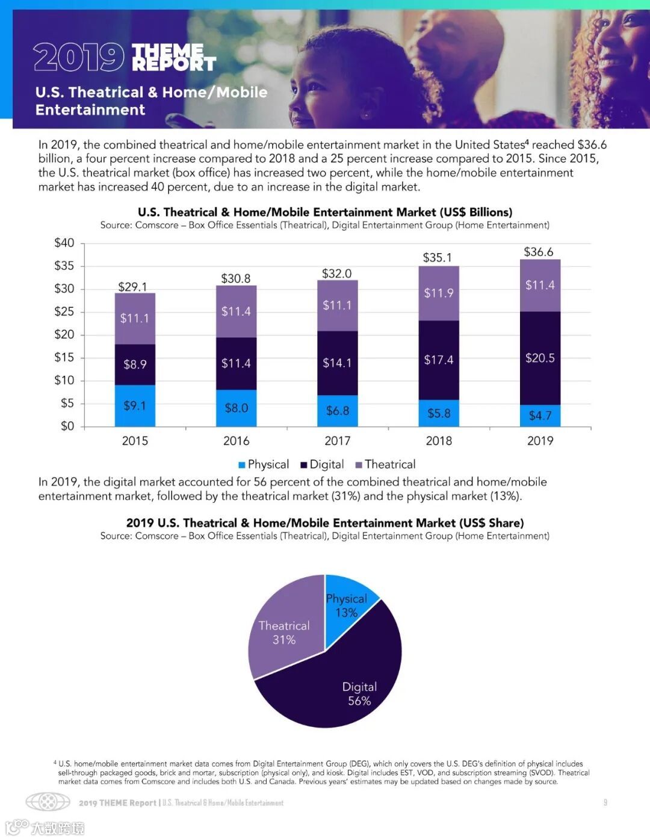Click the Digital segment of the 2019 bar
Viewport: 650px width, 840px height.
pyautogui.click(x=540, y=358)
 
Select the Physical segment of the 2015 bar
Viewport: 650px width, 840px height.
pyautogui.click(x=135, y=406)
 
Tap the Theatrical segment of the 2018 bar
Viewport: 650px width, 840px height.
pyautogui.click(x=439, y=293)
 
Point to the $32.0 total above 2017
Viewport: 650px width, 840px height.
pyautogui.click(x=337, y=274)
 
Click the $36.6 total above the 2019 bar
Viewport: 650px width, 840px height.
pyautogui.click(x=539, y=252)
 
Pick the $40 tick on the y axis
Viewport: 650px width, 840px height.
pyautogui.click(x=64, y=243)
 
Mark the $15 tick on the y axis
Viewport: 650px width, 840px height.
pyautogui.click(x=64, y=357)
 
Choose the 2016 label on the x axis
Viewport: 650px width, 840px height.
pyautogui.click(x=236, y=441)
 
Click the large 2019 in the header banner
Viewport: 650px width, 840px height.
pyautogui.click(x=79, y=57)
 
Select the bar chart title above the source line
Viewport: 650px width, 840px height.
pyautogui.click(x=325, y=212)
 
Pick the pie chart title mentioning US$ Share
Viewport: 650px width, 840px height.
pyautogui.click(x=325, y=523)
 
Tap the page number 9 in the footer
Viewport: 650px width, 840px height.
pyautogui.click(x=605, y=802)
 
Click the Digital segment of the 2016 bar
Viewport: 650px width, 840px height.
pyautogui.click(x=236, y=363)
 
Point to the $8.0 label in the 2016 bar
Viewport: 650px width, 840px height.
pyautogui.click(x=236, y=408)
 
